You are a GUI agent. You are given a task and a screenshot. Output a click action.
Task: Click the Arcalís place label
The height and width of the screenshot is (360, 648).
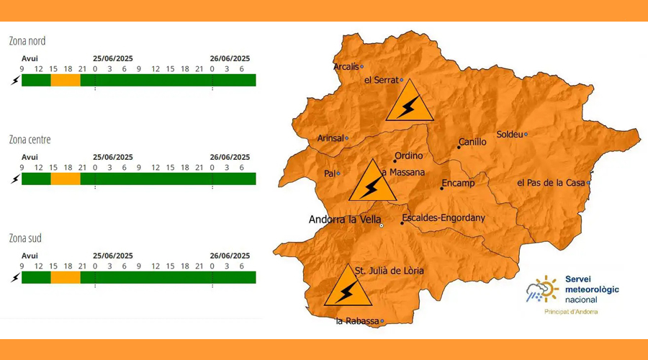[346, 67]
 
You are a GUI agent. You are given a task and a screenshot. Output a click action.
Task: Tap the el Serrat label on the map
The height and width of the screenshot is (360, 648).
[381, 80]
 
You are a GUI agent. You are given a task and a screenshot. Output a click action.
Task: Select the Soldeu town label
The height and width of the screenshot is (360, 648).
[510, 135]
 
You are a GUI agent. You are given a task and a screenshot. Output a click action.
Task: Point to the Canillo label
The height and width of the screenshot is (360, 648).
[472, 142]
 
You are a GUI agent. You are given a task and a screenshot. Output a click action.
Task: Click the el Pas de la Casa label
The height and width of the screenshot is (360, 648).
[551, 183]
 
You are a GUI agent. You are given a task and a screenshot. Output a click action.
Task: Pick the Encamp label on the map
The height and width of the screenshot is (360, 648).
[458, 184]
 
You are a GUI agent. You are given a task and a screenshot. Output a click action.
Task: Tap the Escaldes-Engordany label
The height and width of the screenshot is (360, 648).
[444, 217]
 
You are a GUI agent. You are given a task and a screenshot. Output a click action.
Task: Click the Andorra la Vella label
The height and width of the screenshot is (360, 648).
[344, 220]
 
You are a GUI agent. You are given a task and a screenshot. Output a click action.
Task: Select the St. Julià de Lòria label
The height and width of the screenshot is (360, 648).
[390, 271]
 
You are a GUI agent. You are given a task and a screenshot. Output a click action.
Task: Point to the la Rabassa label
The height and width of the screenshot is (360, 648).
[357, 321]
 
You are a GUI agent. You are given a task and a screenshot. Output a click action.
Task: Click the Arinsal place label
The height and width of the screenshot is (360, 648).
[330, 138]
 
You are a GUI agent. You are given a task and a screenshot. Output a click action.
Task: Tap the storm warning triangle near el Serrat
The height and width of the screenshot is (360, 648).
[410, 102]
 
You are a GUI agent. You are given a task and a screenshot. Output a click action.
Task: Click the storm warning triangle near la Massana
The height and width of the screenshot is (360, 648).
[372, 182]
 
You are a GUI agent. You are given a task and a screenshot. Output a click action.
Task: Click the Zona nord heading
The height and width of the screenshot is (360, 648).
[27, 41]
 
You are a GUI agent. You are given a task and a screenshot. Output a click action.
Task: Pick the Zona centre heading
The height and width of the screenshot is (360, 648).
[30, 140]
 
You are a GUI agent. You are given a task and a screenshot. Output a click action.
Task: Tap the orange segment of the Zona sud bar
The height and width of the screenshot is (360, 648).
[65, 277]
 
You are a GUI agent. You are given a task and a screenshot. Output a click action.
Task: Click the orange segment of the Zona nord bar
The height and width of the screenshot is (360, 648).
[65, 80]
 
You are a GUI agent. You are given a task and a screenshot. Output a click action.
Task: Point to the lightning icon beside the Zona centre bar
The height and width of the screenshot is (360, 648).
[14, 179]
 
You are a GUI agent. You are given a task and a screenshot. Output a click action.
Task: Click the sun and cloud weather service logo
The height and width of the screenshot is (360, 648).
[542, 289]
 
